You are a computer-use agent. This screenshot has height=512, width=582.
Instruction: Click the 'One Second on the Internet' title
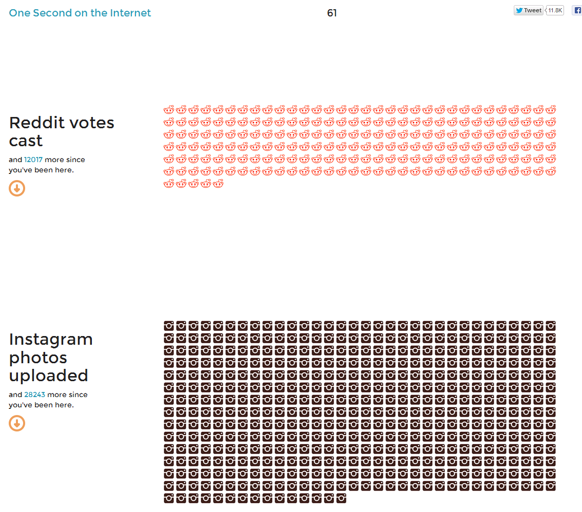80,13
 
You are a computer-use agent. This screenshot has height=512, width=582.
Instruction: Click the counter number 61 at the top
332,13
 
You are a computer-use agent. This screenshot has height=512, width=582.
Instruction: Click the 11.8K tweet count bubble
555,10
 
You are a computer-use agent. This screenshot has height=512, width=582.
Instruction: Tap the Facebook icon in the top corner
577,10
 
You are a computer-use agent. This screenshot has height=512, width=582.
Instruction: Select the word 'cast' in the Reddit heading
26,141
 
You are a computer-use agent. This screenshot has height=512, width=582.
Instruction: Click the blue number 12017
33,160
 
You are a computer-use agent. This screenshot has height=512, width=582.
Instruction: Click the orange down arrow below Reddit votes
17,188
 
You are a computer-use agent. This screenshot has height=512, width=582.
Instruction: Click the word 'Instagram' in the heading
51,340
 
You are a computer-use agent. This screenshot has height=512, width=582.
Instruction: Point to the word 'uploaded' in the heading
49,376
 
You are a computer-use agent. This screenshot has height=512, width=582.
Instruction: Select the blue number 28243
34,395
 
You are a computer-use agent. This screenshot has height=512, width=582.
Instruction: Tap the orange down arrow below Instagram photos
17,423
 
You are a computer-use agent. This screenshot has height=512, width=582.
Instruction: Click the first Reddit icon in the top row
169,110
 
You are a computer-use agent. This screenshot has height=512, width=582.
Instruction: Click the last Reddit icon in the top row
551,110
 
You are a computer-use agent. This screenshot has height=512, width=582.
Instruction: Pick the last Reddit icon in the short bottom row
218,184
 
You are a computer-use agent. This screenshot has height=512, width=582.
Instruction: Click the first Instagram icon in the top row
169,326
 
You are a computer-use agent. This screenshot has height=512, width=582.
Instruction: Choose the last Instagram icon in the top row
551,326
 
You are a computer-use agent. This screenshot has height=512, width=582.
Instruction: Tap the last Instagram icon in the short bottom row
341,498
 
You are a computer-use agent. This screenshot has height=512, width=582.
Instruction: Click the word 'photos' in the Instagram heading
38,358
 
